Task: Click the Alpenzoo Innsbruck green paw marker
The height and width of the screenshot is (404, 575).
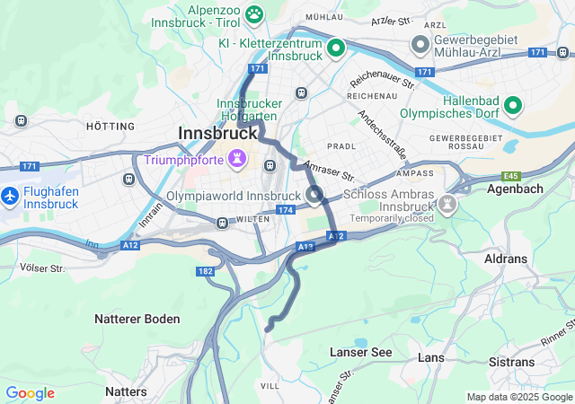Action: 255,13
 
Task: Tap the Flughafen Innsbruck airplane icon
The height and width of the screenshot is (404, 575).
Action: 10,194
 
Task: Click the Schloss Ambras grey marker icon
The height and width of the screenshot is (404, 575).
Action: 447,206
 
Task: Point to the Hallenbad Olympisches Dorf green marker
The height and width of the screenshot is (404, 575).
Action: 514,106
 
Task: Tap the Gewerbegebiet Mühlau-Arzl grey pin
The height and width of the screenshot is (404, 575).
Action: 420,44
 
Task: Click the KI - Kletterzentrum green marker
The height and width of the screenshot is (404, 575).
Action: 336,47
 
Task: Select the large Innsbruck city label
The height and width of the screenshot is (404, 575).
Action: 213,133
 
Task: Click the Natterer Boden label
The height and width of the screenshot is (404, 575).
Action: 137,319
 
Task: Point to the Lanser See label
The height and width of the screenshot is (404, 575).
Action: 360,352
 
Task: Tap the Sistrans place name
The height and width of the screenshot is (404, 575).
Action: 510,362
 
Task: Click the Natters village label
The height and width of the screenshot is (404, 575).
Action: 126,391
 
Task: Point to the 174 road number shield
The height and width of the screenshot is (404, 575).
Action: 285,210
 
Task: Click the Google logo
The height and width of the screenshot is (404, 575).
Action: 30,393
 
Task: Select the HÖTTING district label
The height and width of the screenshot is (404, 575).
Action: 110,127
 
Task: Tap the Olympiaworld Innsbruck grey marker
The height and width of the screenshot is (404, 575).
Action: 314,195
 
